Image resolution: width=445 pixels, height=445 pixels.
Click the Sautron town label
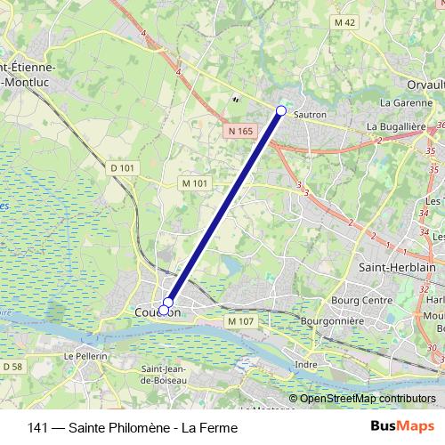(310, 115)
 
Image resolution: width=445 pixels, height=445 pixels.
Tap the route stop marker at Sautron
(281, 110)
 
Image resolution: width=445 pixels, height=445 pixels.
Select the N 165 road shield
(239, 131)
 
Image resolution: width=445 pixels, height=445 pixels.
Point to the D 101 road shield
(123, 166)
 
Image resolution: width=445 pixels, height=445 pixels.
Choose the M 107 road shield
(241, 320)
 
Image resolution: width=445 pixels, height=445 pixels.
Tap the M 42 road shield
(345, 21)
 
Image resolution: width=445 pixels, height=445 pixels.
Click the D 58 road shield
(12, 366)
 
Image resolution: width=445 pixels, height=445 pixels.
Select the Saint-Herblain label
(395, 267)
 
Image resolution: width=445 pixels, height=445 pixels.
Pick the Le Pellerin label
(85, 356)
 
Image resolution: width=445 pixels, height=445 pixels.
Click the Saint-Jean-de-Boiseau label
(164, 375)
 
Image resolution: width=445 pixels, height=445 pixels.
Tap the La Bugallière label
(400, 127)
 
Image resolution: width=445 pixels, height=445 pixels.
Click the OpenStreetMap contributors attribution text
(368, 399)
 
